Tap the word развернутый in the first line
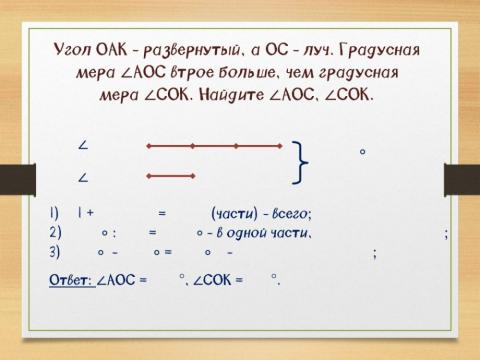click(x=195, y=51)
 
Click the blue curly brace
click(x=301, y=162)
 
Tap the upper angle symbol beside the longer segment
click(x=82, y=146)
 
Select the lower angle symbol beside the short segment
click(x=82, y=177)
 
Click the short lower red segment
click(x=169, y=177)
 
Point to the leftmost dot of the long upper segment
click(x=148, y=146)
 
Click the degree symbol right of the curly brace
click(x=362, y=152)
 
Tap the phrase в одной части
click(x=260, y=232)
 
